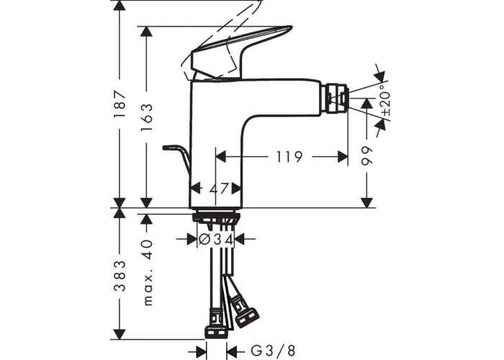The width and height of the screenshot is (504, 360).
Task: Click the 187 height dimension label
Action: click(120, 104)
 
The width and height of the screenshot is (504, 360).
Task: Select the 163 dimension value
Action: click(147, 117)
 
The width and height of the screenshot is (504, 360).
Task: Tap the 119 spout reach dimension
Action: click(289, 157)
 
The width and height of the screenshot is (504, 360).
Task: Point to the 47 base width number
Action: click(219, 189)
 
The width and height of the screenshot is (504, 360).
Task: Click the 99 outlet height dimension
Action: click(366, 156)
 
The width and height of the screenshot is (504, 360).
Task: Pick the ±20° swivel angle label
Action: click(385, 100)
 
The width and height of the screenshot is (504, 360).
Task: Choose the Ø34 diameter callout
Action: click(216, 239)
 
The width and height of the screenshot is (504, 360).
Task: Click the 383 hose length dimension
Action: click(120, 276)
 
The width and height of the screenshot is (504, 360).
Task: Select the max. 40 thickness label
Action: click(147, 272)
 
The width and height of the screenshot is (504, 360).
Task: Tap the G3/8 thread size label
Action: click(273, 351)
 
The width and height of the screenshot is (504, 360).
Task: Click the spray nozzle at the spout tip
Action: click(337, 99)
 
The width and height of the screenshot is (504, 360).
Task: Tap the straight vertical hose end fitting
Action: click(215, 323)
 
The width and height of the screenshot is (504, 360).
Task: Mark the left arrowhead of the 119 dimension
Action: click(221, 157)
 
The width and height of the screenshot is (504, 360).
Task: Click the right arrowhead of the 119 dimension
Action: click(343, 157)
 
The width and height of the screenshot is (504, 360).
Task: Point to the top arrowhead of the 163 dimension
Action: click(147, 31)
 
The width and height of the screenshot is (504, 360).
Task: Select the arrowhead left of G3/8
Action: click(202, 351)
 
